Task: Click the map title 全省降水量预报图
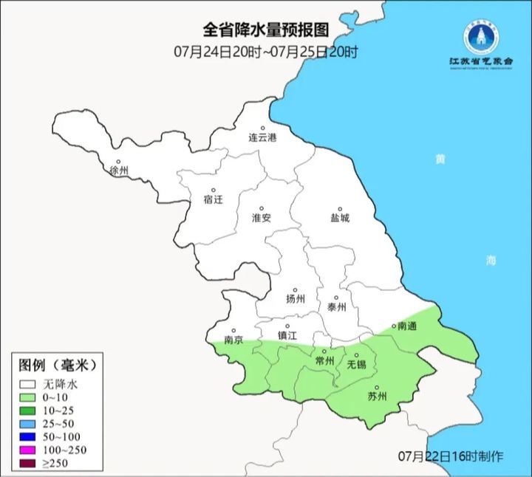pos(265,30)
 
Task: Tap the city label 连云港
pos(262,138)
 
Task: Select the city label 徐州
pos(119,171)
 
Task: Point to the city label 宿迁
pos(212,199)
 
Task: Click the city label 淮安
pos(262,218)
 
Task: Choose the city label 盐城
pos(340,218)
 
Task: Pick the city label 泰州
pos(336,307)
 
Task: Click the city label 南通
pos(407,326)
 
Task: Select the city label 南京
pos(233,341)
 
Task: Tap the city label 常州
pos(324,360)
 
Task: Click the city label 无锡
pos(357,365)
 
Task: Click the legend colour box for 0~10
pos(29,399)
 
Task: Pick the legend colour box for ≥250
pos(29,463)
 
